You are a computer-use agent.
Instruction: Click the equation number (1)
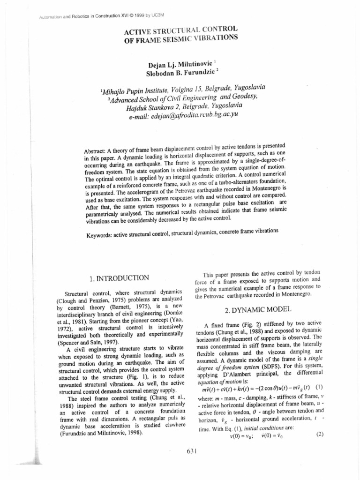319,387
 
